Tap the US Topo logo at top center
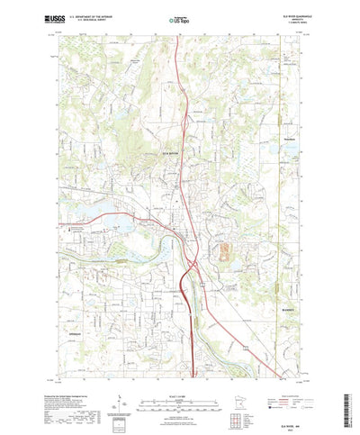point(180,17)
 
